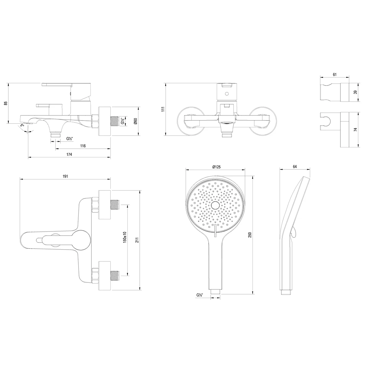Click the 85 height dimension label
point(6,103)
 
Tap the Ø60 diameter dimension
point(136,121)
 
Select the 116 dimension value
point(83,146)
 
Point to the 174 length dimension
point(69,155)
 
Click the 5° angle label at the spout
point(22,125)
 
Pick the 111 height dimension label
point(163,109)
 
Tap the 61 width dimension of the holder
point(335,75)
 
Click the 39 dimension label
point(356,92)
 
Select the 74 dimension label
point(356,129)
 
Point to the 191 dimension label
point(65,176)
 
